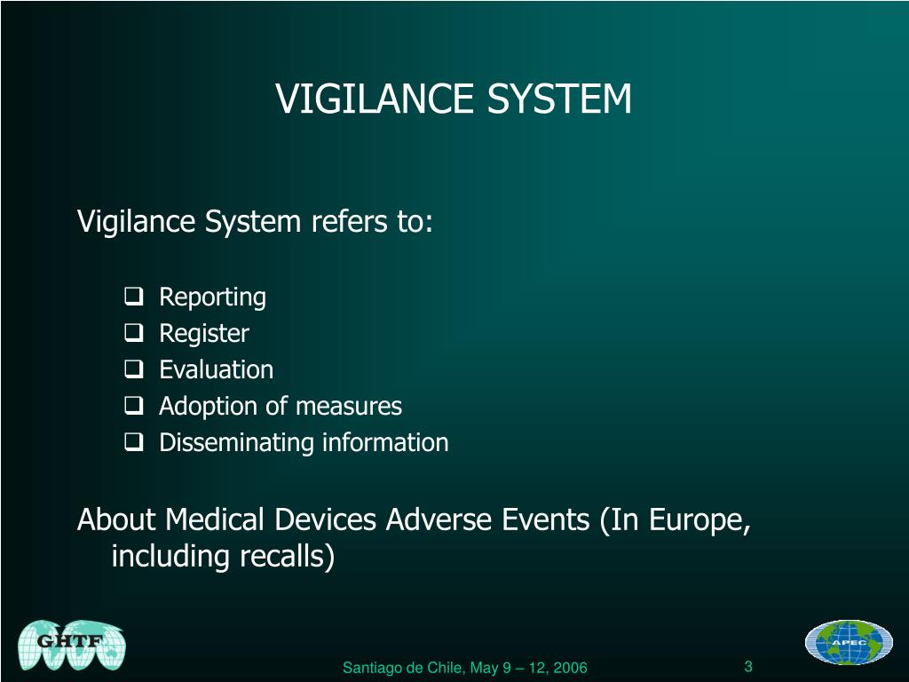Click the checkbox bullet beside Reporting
[134, 297]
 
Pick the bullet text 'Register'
[204, 334]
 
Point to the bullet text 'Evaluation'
[216, 369]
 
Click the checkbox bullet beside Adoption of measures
[134, 407]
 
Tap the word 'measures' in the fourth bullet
[348, 407]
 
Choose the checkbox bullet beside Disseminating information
[134, 442]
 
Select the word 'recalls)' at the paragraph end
[287, 557]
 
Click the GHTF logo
[72, 644]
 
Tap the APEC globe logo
[849, 642]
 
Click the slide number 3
[748, 667]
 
